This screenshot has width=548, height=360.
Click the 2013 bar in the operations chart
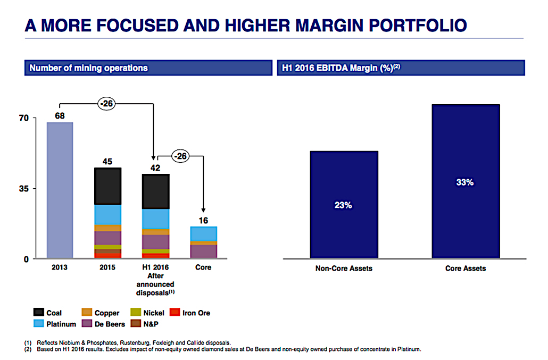[60, 190]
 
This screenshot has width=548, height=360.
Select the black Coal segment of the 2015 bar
[108, 186]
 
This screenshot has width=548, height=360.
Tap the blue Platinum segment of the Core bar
[203, 234]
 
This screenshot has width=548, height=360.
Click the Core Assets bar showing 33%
[465, 182]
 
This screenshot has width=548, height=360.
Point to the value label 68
[60, 115]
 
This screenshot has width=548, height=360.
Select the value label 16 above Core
[203, 220]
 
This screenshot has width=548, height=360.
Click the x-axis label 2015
[107, 267]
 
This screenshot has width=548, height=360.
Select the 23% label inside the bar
[344, 205]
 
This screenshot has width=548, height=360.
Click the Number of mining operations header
[89, 68]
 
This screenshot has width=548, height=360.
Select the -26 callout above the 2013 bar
[107, 104]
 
